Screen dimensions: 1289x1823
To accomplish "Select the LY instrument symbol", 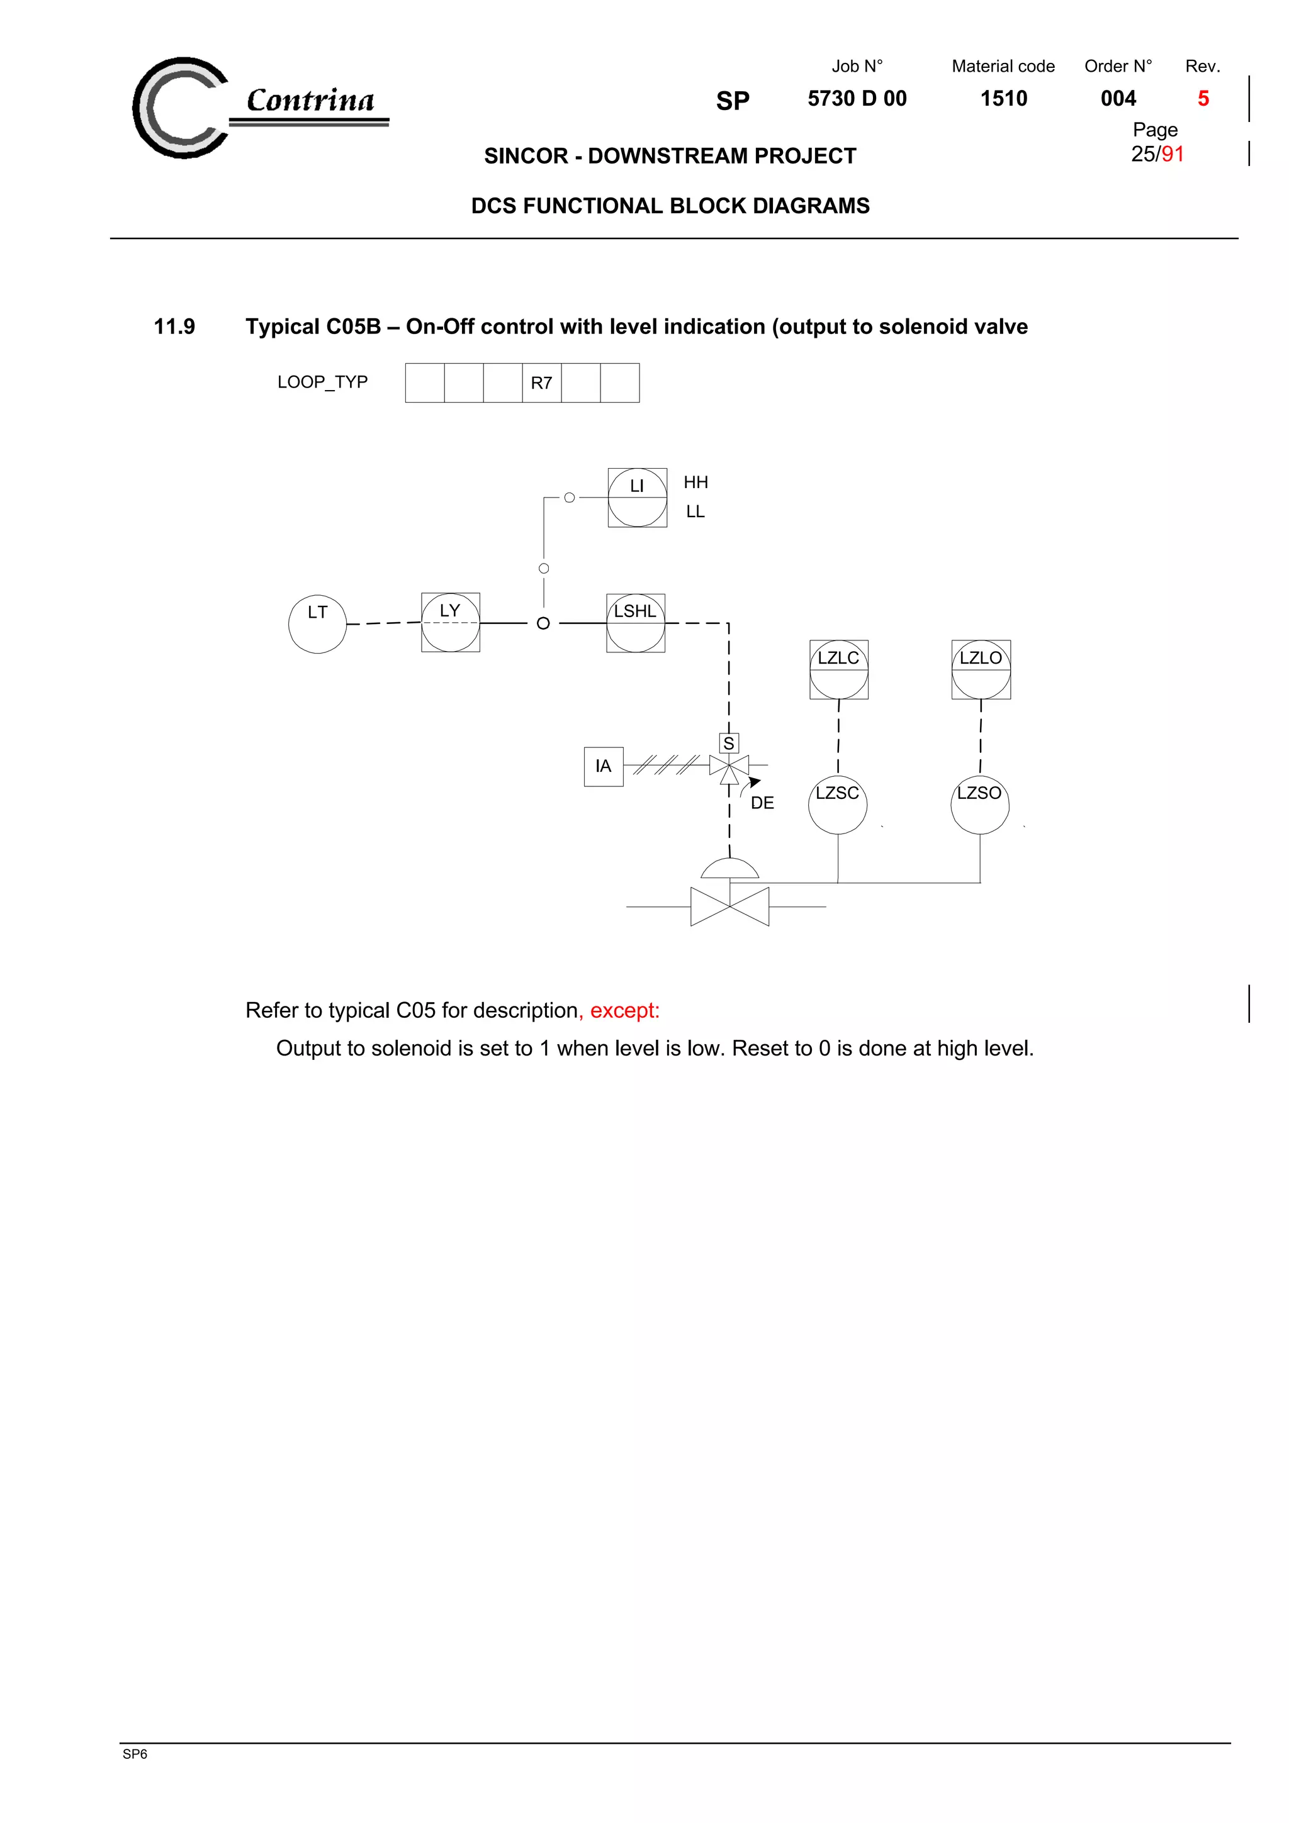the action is (450, 623).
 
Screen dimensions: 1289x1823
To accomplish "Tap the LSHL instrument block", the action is (635, 623).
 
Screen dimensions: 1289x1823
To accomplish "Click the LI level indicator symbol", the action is (637, 498).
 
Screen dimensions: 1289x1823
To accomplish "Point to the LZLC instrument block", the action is (839, 669).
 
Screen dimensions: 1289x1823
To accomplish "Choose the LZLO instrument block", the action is (981, 669).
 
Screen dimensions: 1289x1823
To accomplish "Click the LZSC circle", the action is (838, 805).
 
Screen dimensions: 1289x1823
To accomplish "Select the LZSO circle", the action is (980, 805).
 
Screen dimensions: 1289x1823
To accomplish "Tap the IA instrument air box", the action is (604, 766).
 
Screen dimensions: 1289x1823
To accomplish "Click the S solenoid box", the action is (728, 743).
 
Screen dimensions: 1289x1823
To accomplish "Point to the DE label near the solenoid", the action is (762, 803).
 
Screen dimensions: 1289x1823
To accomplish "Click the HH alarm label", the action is (695, 482).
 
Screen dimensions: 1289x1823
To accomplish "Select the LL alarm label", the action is (695, 512).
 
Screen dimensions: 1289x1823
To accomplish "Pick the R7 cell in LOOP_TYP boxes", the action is (542, 382).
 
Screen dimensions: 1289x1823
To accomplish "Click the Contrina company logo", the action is (258, 107).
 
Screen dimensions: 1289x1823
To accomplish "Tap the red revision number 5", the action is (1203, 99).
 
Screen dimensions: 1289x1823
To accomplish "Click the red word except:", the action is (624, 1010).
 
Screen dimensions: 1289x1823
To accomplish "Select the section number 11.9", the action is (174, 326).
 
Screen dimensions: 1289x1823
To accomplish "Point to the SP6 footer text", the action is (135, 1754).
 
